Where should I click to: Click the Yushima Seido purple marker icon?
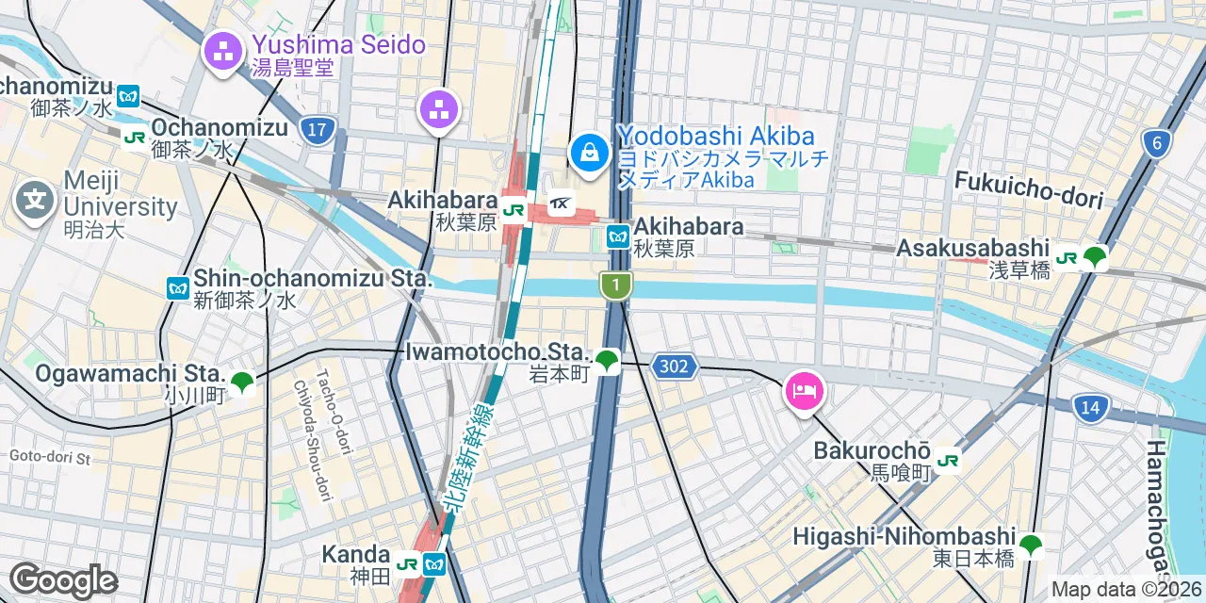tap(223, 53)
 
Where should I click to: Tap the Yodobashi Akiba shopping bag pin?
tap(589, 152)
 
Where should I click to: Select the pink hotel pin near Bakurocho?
tap(803, 390)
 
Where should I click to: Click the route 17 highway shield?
tap(318, 129)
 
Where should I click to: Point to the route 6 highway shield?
tap(1156, 143)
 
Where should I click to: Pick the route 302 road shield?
tap(674, 367)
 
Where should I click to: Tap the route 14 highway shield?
tap(1090, 408)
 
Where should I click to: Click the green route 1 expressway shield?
tap(615, 285)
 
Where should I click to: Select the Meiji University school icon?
tap(34, 201)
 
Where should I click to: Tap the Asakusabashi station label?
tap(972, 249)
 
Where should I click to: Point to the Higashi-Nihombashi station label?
tap(904, 536)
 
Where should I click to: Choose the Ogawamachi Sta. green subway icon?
tap(242, 382)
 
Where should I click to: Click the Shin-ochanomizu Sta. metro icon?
tap(178, 287)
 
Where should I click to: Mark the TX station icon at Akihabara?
tap(561, 203)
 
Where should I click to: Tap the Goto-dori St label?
tap(49, 458)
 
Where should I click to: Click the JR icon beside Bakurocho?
tap(949, 460)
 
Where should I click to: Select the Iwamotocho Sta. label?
tap(497, 352)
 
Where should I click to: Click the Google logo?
tap(63, 581)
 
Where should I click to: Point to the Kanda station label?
tap(355, 553)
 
